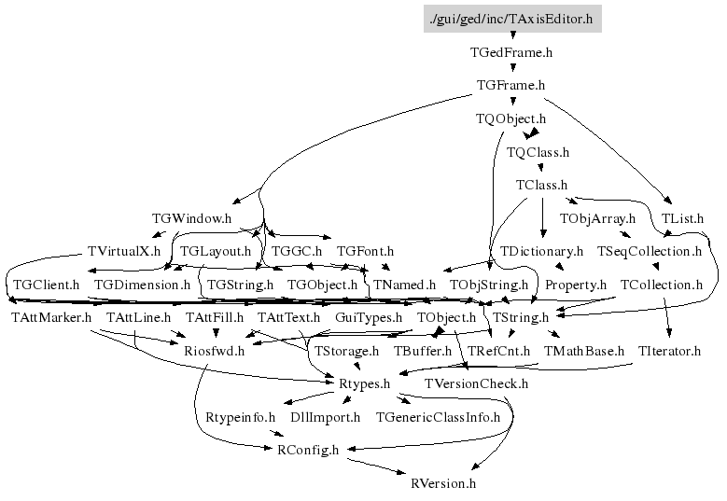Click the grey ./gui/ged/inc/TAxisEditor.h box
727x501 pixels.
[x=512, y=18]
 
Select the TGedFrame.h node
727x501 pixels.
[x=512, y=52]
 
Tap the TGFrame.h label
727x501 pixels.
[x=510, y=86]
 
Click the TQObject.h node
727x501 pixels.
[x=510, y=119]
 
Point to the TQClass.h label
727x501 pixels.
[x=538, y=152]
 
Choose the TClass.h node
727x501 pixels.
[x=541, y=185]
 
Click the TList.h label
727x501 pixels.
[x=682, y=218]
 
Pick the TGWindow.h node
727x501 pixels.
[x=190, y=218]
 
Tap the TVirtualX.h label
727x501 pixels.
[x=124, y=252]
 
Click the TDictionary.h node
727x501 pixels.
[x=541, y=252]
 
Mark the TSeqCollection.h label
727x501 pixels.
[x=649, y=252]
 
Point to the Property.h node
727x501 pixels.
[x=575, y=285]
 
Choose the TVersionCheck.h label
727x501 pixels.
[x=476, y=383]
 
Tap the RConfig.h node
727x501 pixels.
[x=309, y=450]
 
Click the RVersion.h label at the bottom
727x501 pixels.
[x=443, y=483]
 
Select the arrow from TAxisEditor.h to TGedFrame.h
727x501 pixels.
[x=512, y=35]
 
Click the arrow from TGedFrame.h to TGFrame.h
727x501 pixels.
[x=512, y=69]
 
